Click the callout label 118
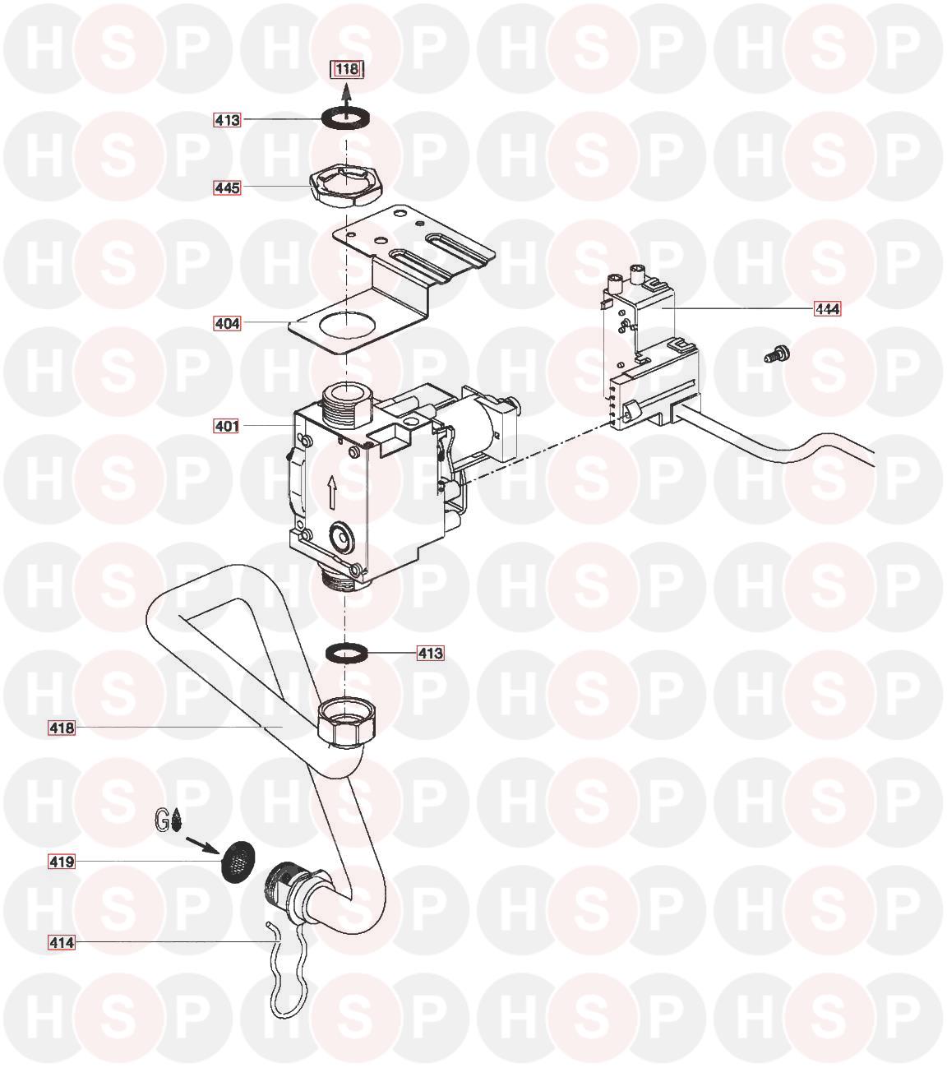(x=347, y=68)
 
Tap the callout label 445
(x=227, y=187)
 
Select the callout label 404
(x=227, y=323)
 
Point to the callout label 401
(x=227, y=426)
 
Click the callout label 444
(x=827, y=309)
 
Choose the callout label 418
(x=62, y=728)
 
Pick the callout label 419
(x=62, y=862)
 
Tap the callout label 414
(x=62, y=942)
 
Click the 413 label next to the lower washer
(x=430, y=653)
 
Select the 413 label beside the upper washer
(x=227, y=120)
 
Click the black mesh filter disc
(x=238, y=862)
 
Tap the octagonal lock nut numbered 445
(x=345, y=187)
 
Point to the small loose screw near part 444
(x=777, y=354)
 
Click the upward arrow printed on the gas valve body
(x=332, y=491)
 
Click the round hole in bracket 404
(x=345, y=323)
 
